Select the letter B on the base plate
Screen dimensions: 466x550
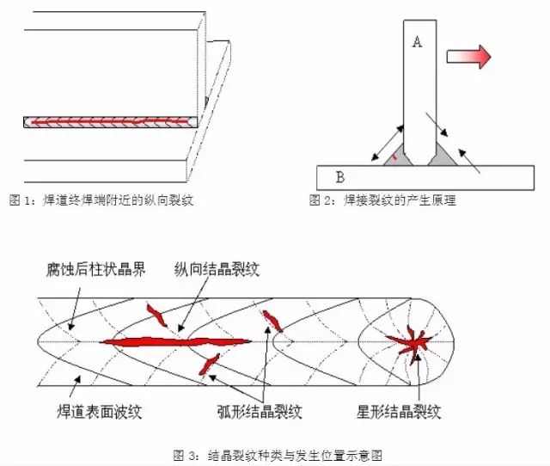pos(340,177)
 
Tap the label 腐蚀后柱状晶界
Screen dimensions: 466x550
pos(96,269)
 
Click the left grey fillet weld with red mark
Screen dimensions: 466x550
pos(390,156)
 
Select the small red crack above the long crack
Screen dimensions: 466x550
pos(157,316)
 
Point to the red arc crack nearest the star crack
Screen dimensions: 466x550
pos(272,321)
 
